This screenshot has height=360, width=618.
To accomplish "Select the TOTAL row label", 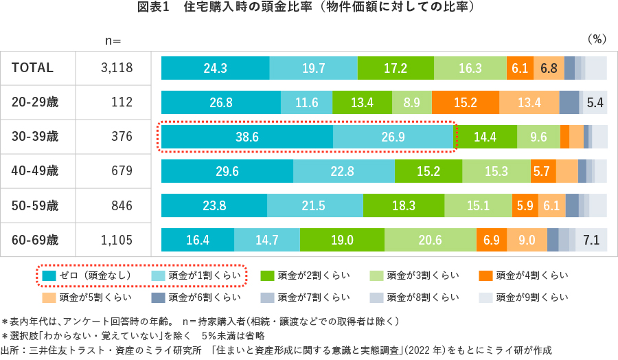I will (32, 68).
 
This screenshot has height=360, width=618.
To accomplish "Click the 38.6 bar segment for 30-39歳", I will (247, 137).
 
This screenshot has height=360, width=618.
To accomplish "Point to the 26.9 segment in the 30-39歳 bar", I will (393, 137).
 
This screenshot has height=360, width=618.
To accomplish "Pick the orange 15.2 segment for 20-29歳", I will (465, 102).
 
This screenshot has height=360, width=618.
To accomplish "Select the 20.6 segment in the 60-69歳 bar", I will (430, 240).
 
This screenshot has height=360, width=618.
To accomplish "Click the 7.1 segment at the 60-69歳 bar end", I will (591, 240).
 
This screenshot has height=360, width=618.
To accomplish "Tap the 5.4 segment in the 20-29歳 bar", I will (595, 102).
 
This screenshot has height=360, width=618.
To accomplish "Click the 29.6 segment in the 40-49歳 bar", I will (227, 171).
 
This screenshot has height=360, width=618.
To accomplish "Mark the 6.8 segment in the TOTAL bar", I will (548, 68).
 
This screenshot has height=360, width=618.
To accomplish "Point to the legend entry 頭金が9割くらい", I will (531, 297).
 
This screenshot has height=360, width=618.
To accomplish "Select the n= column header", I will (113, 41).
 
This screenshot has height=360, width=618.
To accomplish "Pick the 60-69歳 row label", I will (35, 240).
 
